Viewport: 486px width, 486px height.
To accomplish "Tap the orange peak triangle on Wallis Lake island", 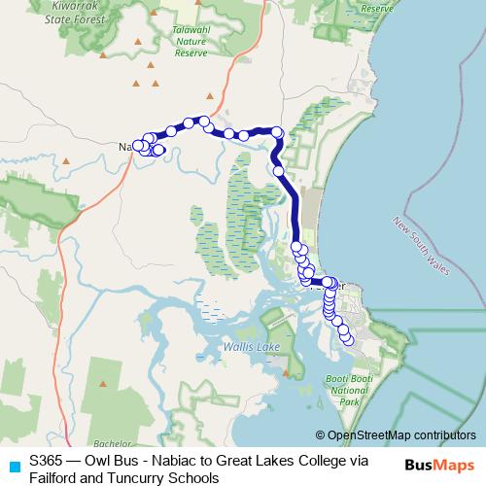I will [x=295, y=357].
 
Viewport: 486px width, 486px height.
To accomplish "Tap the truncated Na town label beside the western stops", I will [x=124, y=147].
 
